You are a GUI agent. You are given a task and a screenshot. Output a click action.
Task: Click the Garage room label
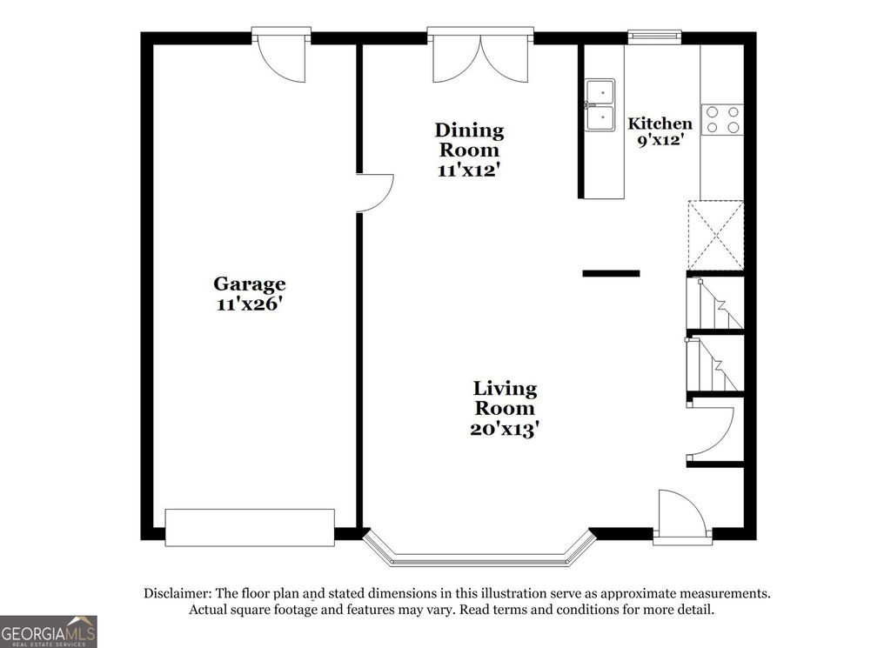coord(250,284)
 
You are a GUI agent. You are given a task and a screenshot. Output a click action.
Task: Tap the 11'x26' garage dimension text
coord(250,304)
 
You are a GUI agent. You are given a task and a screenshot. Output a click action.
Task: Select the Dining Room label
coord(469,140)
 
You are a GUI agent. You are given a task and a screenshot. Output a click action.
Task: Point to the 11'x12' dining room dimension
coord(469,170)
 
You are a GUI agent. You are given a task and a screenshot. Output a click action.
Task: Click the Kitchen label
coord(660,124)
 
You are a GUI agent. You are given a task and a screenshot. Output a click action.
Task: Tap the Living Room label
coord(505,397)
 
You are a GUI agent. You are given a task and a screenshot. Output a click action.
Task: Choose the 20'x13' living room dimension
coord(505,428)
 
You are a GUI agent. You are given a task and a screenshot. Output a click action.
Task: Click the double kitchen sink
coord(600,104)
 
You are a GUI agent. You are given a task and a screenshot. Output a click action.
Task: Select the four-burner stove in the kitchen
coord(722,119)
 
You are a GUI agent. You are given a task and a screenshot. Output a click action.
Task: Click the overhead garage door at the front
coord(250,527)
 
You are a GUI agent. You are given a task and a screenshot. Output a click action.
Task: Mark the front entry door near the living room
coord(680,518)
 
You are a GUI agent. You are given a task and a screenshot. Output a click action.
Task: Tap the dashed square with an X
coord(715,236)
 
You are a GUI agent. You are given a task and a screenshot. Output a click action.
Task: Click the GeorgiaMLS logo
coord(48,631)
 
